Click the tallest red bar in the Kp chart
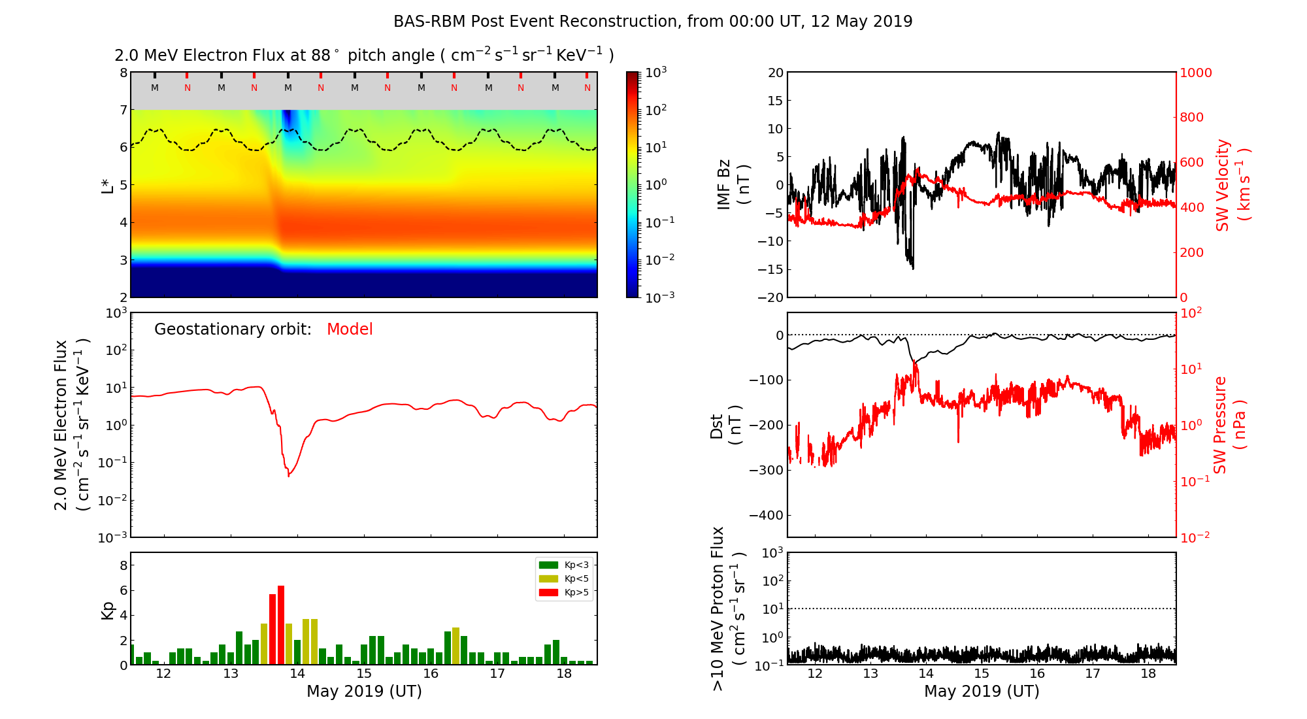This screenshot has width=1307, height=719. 281,624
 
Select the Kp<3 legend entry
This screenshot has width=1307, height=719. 564,565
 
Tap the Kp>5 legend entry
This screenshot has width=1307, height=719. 564,593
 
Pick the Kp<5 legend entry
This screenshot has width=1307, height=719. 564,578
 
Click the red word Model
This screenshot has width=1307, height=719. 350,329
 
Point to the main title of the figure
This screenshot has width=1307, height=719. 652,22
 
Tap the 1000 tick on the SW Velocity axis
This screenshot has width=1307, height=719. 1195,73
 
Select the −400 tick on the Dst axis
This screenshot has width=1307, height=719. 766,515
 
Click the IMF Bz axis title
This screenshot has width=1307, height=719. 732,184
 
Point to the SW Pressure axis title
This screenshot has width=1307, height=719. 1229,425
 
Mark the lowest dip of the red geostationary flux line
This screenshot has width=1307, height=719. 289,475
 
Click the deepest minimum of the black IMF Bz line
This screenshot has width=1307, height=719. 913,269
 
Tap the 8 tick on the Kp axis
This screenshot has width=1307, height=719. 124,565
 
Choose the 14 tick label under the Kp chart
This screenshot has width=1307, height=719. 297,674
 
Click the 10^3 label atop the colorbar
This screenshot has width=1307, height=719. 656,73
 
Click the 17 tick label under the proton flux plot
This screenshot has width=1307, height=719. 1093,674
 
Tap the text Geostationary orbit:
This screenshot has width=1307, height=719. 233,329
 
